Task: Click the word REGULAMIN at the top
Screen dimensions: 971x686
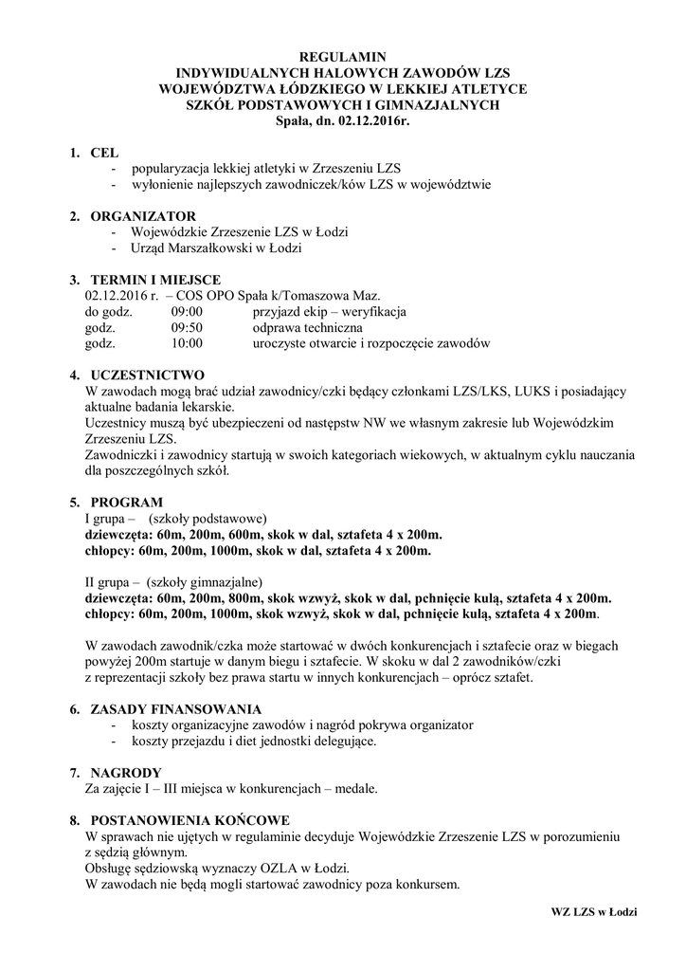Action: coord(343,57)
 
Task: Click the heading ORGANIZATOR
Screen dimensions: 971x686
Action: coord(142,216)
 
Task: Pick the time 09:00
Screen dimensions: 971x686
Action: coord(187,311)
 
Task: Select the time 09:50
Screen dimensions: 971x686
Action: coord(187,327)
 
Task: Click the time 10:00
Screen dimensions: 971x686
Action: coord(187,343)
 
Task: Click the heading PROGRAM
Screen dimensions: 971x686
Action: coord(126,502)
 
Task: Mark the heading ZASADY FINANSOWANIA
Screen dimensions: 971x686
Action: coord(175,709)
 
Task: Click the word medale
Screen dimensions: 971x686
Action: coord(354,789)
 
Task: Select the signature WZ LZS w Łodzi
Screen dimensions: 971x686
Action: coord(593,911)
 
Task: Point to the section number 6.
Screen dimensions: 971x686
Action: coord(74,709)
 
